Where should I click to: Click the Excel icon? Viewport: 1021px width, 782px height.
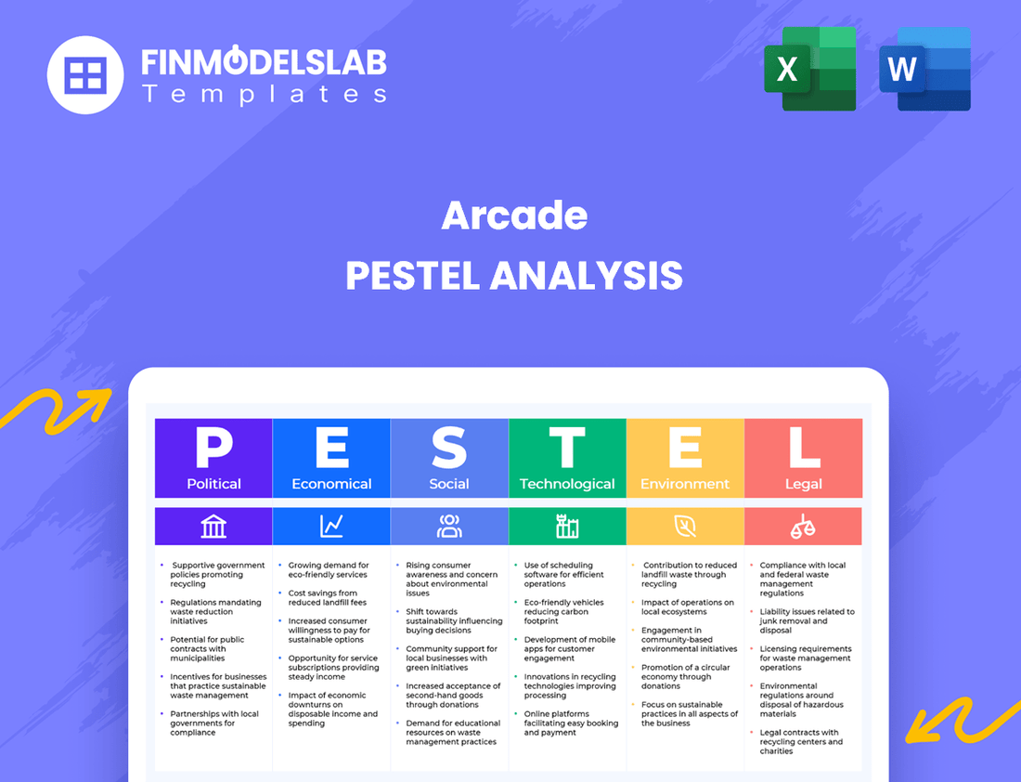click(809, 69)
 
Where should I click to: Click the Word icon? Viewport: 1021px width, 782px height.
click(924, 69)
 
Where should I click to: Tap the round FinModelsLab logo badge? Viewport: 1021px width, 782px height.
click(85, 74)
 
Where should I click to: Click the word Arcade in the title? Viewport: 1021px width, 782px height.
click(514, 215)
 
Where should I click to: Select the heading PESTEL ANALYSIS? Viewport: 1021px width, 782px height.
click(514, 276)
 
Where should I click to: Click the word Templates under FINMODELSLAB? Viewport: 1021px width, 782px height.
click(265, 94)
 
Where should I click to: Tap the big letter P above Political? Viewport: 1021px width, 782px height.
click(213, 448)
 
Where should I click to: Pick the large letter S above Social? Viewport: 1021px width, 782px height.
click(449, 448)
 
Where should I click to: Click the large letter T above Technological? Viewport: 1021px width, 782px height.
click(567, 448)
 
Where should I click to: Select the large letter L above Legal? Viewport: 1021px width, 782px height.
click(803, 448)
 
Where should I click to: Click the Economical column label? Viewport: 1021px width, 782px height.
click(331, 484)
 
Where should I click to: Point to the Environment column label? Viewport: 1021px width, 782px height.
click(685, 484)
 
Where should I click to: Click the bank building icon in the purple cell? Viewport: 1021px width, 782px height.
click(213, 527)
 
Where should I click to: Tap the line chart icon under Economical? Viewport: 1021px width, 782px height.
click(331, 527)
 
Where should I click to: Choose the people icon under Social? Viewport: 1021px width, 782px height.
click(449, 527)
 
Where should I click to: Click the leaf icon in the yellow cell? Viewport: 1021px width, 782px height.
click(685, 527)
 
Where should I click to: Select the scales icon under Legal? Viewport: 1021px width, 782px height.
click(803, 527)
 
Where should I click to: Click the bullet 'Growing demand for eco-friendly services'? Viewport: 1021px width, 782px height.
click(329, 569)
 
